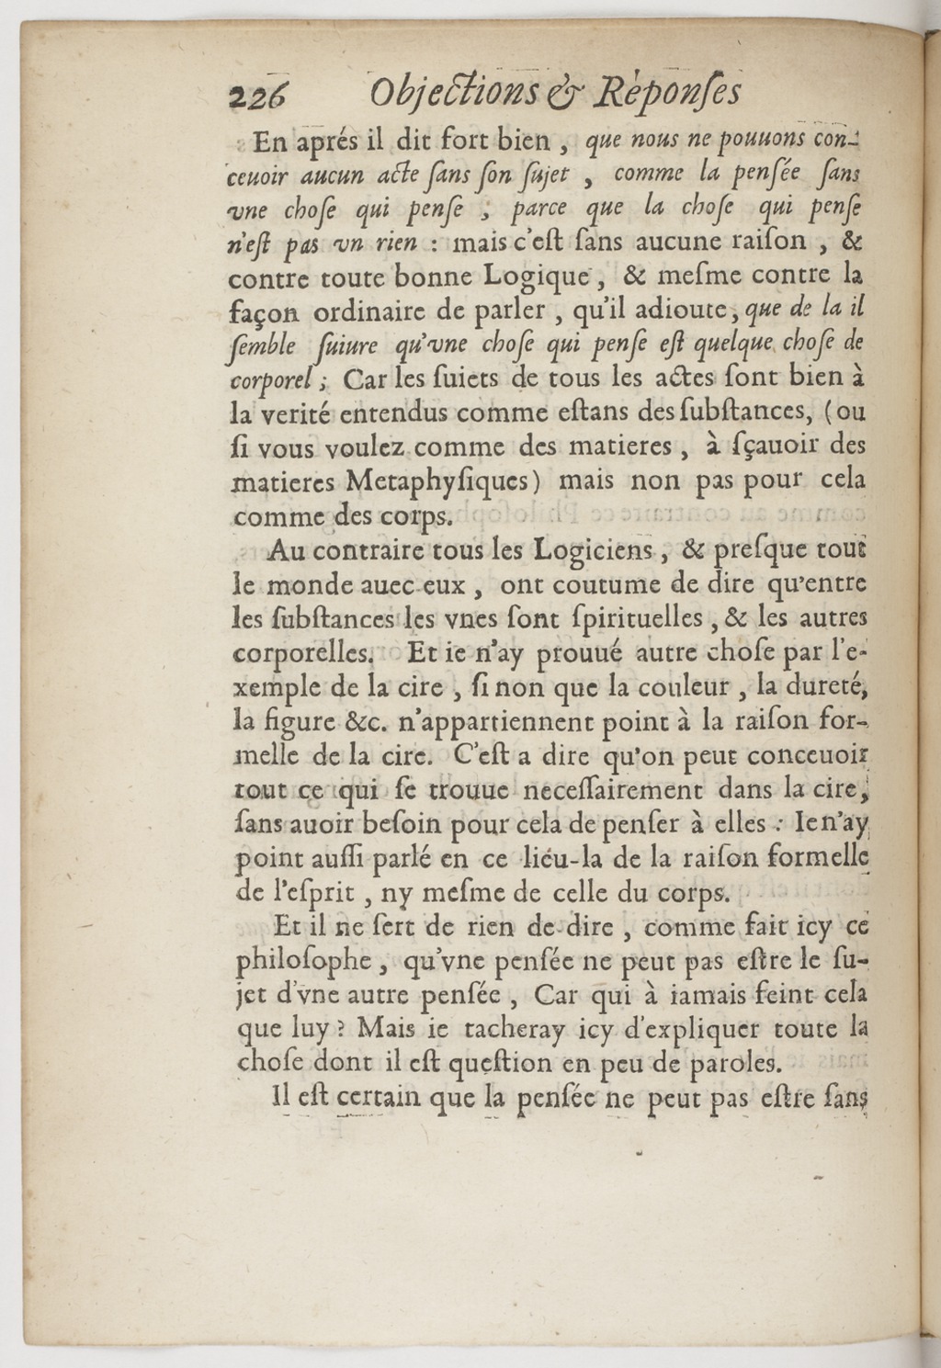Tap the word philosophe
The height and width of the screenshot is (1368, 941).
[x=303, y=961]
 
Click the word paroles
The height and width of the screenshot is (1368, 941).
[x=735, y=1064]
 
